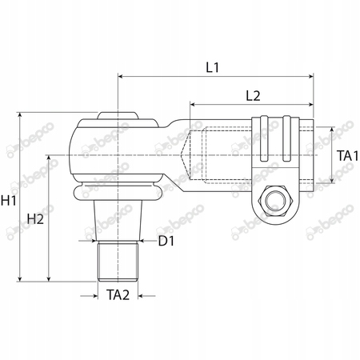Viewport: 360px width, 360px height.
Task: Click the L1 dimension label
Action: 213,67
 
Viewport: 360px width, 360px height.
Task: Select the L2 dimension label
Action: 253,96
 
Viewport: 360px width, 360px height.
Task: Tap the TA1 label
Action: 347,156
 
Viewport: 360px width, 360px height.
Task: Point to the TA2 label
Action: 118,295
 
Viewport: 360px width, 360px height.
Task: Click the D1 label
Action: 166,241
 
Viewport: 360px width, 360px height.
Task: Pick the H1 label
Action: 8,200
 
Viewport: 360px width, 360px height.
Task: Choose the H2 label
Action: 35,219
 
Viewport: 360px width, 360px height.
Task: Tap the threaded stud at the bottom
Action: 118,261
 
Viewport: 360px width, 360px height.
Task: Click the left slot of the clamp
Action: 264,138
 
